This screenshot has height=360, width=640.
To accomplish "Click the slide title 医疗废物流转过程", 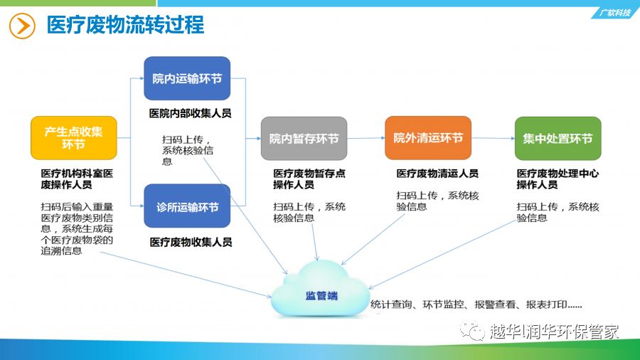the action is click(x=125, y=25).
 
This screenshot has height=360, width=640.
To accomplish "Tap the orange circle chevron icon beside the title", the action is click(x=22, y=26).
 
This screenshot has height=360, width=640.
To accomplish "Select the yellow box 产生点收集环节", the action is click(x=74, y=138).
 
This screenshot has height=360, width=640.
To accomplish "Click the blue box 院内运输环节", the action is click(x=187, y=78).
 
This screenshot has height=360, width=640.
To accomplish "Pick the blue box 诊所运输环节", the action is click(x=187, y=206).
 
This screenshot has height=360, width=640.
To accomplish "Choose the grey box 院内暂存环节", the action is click(x=304, y=138).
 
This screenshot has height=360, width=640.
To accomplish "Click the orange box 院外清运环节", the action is click(x=428, y=138).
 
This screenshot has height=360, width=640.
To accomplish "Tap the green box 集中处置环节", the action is click(x=558, y=138).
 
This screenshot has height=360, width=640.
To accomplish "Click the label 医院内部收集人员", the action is click(x=190, y=113).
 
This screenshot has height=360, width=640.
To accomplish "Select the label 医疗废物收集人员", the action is click(x=191, y=242).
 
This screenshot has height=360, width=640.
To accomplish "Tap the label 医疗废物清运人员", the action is click(x=437, y=174).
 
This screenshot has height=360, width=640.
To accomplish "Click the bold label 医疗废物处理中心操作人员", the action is click(x=558, y=179).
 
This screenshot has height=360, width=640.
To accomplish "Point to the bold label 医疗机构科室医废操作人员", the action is click(x=77, y=179).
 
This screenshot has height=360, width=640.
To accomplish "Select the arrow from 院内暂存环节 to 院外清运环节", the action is click(x=366, y=138).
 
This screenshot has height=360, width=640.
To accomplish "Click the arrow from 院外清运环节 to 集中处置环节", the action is click(x=493, y=138).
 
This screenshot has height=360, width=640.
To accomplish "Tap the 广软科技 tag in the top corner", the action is click(x=614, y=13).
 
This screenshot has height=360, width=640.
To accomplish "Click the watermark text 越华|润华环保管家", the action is click(x=554, y=332).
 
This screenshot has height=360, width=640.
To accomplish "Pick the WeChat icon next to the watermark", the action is click(x=472, y=330).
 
